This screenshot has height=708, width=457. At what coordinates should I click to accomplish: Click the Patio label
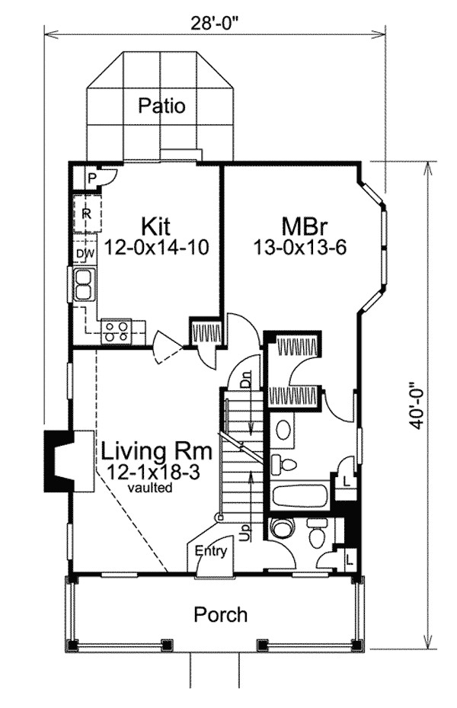pos(161,105)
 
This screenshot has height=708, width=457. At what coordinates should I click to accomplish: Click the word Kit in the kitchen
pos(155,226)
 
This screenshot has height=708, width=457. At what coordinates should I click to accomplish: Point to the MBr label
pos(299,226)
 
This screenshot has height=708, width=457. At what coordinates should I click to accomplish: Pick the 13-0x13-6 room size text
pos(299,247)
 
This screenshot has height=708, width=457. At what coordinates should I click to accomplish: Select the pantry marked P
pos(91,178)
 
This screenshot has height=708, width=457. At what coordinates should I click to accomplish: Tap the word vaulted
pos(149,486)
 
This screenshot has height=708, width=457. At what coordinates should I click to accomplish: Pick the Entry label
pos(210,551)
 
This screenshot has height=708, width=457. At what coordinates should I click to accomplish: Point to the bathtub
pos(299,498)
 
